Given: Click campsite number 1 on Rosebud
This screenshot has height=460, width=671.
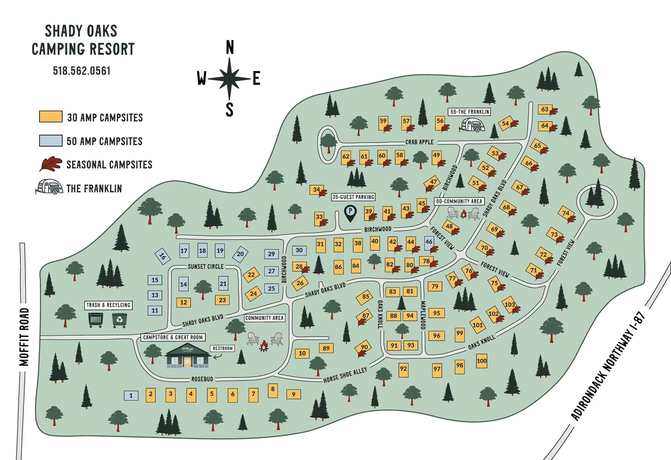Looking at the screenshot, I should [x=131, y=396].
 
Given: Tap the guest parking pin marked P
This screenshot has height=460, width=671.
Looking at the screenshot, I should [x=350, y=212].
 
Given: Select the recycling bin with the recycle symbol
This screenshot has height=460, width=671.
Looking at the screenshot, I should [x=119, y=320].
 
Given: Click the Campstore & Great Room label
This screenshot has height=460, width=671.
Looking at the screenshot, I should [x=173, y=337].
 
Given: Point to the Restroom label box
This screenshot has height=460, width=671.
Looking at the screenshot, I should [x=223, y=348].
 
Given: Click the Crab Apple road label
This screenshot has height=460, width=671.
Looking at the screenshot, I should [x=419, y=142].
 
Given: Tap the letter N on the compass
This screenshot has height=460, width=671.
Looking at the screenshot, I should [x=230, y=48].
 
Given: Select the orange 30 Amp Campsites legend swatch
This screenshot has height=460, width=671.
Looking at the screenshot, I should [x=51, y=116].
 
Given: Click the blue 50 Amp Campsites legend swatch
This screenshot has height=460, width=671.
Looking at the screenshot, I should [x=51, y=141].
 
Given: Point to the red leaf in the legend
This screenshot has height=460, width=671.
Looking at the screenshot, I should [x=51, y=164].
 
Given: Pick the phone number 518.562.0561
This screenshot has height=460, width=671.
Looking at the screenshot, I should [x=81, y=71].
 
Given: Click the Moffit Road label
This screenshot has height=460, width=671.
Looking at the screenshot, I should [x=24, y=337].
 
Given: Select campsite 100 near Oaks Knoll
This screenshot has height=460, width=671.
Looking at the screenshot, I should [x=481, y=361].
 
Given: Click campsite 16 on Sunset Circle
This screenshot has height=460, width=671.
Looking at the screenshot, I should [x=162, y=256].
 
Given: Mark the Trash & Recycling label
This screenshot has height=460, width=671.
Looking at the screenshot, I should [x=108, y=305].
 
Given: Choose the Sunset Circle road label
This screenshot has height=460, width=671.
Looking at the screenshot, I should [x=205, y=267].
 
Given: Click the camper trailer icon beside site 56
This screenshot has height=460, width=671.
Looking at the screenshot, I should [x=472, y=125].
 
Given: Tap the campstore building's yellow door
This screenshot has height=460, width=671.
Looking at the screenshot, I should [x=187, y=362].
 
